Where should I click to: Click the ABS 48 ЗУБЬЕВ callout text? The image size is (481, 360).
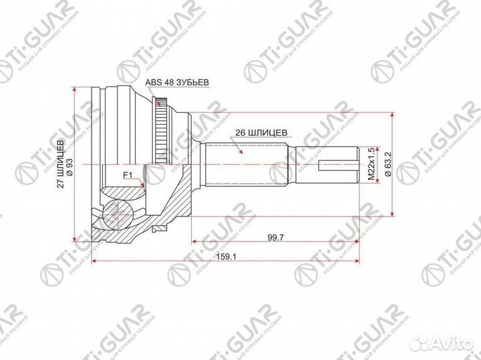pyautogui.click(x=178, y=82)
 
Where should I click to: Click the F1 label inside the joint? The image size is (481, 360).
pyautogui.click(x=128, y=176)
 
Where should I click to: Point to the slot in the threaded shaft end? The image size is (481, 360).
pyautogui.click(x=337, y=163)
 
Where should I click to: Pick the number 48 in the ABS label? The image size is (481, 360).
pyautogui.click(x=169, y=82)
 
